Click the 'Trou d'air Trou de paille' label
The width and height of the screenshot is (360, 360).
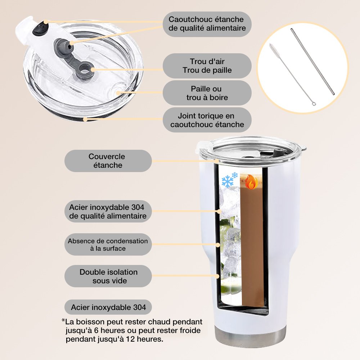point(207,66)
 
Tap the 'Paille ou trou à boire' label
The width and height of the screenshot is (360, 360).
point(207,93)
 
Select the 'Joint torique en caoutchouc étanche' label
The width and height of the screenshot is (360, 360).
point(207,120)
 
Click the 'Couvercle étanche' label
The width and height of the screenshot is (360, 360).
point(108,161)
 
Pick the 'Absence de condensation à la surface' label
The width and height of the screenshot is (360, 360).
point(108,244)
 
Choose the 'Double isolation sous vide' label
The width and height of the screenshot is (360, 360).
point(108,276)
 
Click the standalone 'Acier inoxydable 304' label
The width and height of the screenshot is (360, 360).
point(108,307)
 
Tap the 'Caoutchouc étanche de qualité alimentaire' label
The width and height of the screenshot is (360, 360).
point(207,24)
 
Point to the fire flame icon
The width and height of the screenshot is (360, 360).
point(251,182)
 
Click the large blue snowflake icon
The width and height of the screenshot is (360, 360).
point(227,181)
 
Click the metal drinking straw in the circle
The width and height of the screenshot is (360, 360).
point(312,62)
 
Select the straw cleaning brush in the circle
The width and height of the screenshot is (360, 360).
point(292,75)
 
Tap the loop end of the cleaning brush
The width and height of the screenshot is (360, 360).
point(314,104)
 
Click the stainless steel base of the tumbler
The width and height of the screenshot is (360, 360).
point(251,335)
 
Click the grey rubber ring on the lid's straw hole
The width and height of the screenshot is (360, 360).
point(85,71)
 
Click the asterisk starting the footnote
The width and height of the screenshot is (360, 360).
point(63,320)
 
